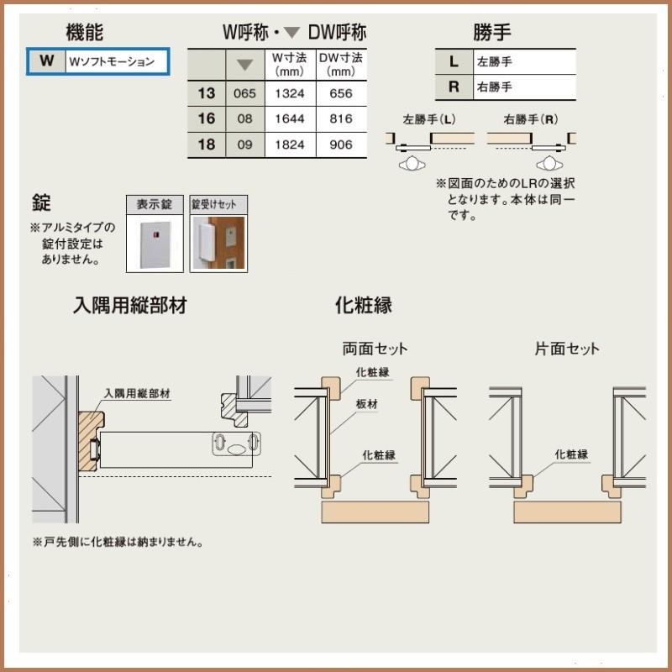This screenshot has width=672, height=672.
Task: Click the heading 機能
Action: pyautogui.click(x=84, y=33)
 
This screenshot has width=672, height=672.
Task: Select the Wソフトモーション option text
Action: pyautogui.click(x=112, y=61)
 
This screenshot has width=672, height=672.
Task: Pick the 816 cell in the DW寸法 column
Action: pyautogui.click(x=341, y=119)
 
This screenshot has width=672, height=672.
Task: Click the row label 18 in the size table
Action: pyautogui.click(x=206, y=144)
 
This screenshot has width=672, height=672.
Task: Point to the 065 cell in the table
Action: pyautogui.click(x=245, y=93)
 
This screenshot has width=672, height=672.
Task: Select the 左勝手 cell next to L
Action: pyautogui.click(x=495, y=61)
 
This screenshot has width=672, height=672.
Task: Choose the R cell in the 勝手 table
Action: pyautogui.click(x=454, y=87)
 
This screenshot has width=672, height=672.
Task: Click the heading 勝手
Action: pyautogui.click(x=492, y=33)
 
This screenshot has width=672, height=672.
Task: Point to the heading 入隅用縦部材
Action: pyautogui.click(x=130, y=305)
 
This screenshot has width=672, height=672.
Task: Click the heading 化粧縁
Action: pyautogui.click(x=364, y=304)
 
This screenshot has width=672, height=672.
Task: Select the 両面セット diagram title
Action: pyautogui.click(x=375, y=349)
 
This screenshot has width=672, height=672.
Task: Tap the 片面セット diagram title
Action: pyautogui.click(x=567, y=349)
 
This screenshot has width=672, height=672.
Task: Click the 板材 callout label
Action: pyautogui.click(x=367, y=404)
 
